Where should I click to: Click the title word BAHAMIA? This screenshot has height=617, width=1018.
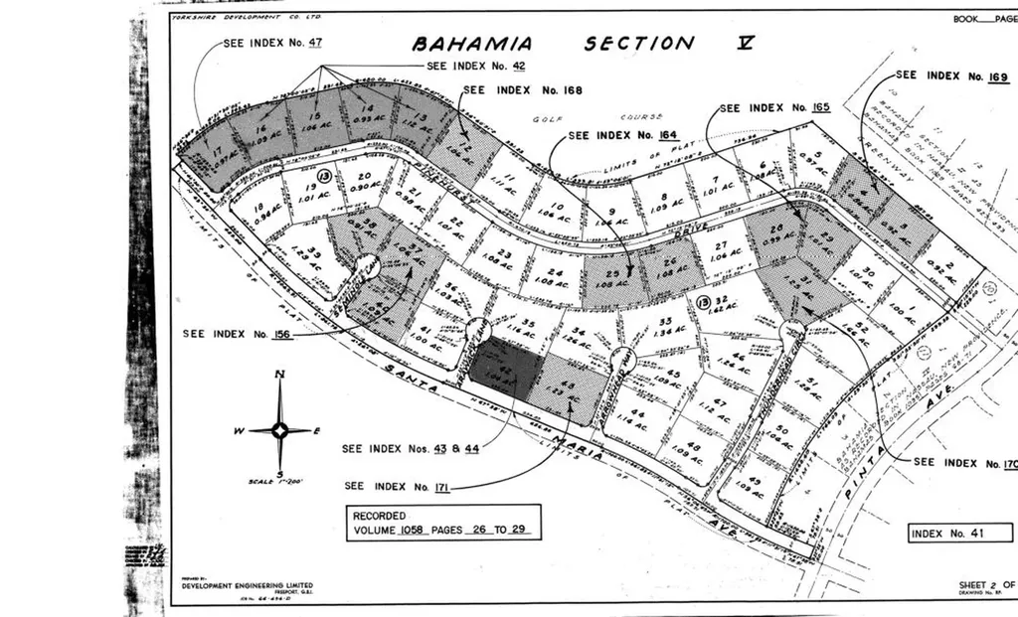[x=472, y=44]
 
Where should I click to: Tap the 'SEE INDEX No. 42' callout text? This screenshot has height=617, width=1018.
[x=475, y=67]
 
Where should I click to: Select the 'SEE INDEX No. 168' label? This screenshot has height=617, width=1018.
[x=522, y=90]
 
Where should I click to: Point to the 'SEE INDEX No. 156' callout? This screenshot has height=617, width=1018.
[x=237, y=334]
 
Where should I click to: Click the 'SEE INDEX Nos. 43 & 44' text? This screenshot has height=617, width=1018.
[x=411, y=449]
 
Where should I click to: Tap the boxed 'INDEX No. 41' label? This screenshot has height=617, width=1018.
[x=946, y=534]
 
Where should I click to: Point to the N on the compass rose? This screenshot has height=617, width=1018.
[x=281, y=375]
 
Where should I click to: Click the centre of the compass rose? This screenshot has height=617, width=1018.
[x=281, y=430]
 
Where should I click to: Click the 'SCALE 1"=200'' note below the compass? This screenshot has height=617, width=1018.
[x=275, y=482]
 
